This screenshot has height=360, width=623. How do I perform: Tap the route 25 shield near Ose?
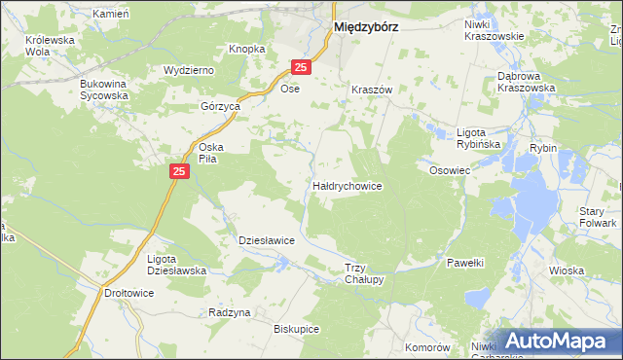click(x=301, y=67)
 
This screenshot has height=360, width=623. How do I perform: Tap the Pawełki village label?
click(x=465, y=263)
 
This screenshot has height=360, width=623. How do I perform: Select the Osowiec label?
click(x=450, y=169)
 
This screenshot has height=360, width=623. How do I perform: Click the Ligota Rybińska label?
click(x=478, y=137)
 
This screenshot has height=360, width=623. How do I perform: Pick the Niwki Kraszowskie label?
click(x=494, y=29)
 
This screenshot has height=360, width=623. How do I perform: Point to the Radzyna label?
click(x=230, y=312)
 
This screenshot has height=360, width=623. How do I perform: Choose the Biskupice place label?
click(x=297, y=329)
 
